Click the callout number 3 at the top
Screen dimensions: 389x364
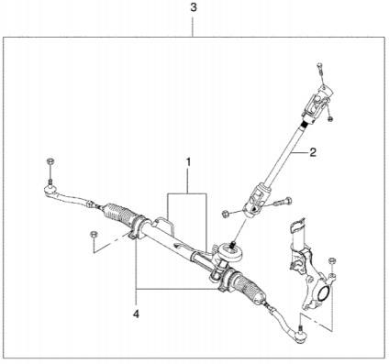coord(194,7)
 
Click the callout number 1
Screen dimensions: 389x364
coord(188,162)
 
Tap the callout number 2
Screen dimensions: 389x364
coord(313,152)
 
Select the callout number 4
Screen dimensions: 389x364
coord(136,314)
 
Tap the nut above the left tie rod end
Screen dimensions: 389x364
coord(50,161)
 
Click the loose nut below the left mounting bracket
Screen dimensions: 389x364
coord(94,235)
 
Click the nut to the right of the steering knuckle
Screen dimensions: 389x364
coord(332,260)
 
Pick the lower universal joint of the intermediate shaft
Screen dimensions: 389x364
coord(256,200)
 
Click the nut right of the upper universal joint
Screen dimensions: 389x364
coord(330,118)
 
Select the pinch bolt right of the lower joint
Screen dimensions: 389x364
coord(282,202)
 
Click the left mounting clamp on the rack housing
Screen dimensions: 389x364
coord(139,227)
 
